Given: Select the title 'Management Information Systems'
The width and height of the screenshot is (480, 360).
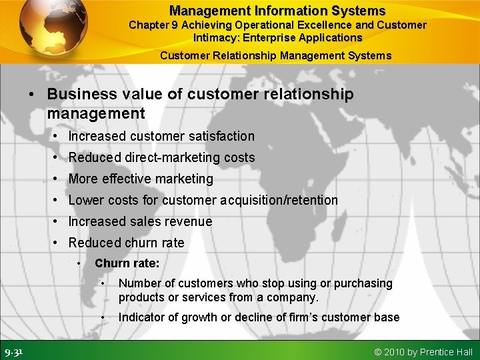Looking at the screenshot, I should [277, 11].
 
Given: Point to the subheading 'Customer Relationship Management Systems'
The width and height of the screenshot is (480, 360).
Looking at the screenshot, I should [276, 55].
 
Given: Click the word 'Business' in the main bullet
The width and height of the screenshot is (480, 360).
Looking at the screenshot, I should [79, 95].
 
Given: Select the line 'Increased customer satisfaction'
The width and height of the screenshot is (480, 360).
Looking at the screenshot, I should [161, 136].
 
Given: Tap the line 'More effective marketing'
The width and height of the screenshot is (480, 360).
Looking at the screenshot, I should [141, 179].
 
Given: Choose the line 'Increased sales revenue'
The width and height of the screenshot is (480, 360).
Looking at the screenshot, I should [140, 221].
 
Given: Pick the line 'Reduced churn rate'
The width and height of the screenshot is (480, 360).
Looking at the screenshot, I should [126, 243].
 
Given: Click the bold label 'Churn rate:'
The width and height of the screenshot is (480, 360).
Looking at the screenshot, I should [127, 263].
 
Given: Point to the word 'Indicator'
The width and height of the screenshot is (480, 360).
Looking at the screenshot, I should [142, 317].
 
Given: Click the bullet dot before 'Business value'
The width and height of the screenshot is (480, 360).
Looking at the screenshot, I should [32, 95].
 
